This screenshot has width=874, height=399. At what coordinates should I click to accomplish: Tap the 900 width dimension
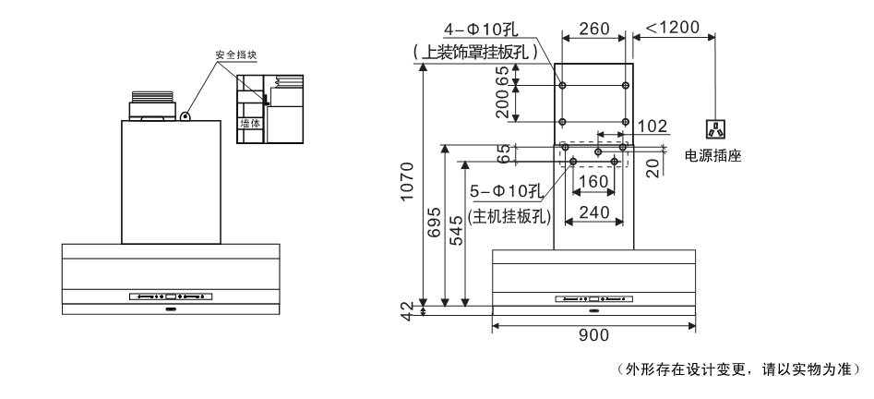(593, 335)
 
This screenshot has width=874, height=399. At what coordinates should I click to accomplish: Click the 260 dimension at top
(594, 29)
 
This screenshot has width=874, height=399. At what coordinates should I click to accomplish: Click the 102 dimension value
(652, 125)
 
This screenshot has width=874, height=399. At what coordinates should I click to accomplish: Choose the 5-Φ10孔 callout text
(505, 191)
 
